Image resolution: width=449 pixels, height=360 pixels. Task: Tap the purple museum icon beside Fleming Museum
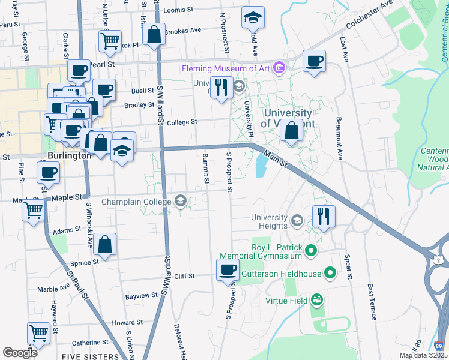[x=278, y=67]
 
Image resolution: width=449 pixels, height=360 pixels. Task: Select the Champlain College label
[x=137, y=201]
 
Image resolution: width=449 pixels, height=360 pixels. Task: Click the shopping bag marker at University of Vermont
[x=292, y=131]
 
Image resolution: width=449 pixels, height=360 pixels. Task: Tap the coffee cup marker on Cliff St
[x=228, y=269]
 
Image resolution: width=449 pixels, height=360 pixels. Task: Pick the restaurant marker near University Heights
[x=324, y=216]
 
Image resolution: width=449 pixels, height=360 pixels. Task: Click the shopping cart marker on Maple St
[x=33, y=209]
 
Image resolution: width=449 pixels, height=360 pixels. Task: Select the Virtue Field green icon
[x=317, y=299]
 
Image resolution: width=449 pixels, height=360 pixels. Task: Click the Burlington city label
[x=69, y=155]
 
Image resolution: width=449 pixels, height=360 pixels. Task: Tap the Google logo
[x=20, y=353]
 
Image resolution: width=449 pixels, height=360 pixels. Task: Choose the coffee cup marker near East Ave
[x=313, y=61]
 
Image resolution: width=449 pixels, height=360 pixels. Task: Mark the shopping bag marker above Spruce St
[x=104, y=244]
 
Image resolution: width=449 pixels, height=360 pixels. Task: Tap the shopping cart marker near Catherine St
[x=38, y=332]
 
